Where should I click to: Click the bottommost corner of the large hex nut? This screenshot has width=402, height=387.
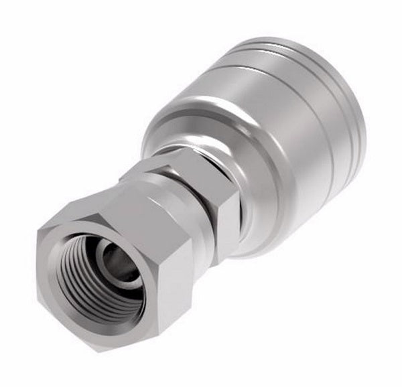coord(100,349)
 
